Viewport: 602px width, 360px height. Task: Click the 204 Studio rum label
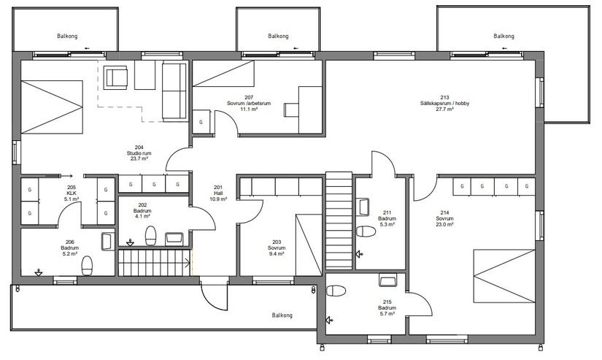pos(139,153)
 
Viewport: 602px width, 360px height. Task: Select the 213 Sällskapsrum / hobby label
pos(444,103)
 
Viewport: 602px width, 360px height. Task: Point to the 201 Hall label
pos(218,194)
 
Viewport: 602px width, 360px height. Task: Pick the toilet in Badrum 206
pos(87,266)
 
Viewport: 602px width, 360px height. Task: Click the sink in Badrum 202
pos(174,239)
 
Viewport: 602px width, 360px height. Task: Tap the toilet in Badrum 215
pos(336,291)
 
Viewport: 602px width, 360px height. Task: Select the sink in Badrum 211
pos(363,207)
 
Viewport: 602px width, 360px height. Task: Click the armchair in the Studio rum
pos(116,77)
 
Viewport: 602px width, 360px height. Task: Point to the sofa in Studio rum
pos(174,92)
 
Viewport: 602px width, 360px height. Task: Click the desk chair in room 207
pos(291,110)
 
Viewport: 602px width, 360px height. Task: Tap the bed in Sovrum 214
pos(504,276)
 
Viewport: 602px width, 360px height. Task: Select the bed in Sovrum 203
pos(309,245)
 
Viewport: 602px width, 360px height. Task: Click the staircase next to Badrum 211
pos(339,221)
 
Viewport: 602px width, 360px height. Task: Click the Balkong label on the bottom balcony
pos(282,315)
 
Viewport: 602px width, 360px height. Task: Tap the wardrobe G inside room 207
pos(201,122)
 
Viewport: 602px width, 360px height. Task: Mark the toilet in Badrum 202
pos(151,236)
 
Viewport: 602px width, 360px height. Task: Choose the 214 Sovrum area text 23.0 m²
pos(444,224)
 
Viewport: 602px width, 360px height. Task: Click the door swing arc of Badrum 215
pos(425,299)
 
